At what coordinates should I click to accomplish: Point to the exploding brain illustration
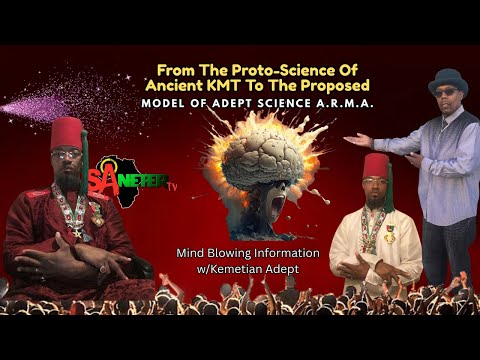coord(258,150)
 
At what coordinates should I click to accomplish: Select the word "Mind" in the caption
coord(192,253)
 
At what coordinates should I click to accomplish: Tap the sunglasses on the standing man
coord(446,92)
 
